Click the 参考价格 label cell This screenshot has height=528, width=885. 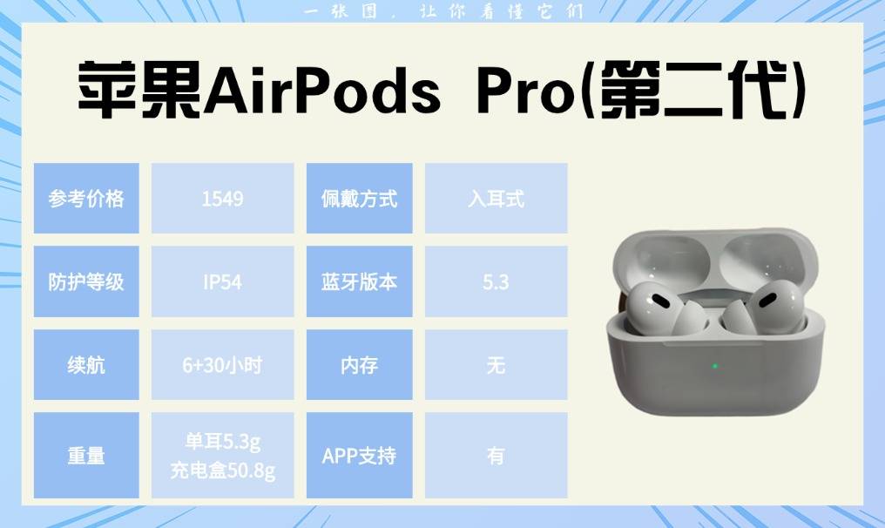(x=86, y=198)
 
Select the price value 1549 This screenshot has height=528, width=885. (x=222, y=199)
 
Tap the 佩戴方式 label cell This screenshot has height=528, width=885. (x=360, y=198)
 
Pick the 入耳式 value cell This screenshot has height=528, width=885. (x=497, y=198)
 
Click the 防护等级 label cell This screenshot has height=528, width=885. (x=86, y=281)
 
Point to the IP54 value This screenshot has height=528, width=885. (x=222, y=281)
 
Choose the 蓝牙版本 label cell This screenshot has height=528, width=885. (x=360, y=281)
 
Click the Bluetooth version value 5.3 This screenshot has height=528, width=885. (x=496, y=281)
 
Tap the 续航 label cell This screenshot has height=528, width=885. (x=86, y=365)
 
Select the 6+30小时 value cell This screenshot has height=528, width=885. (x=222, y=365)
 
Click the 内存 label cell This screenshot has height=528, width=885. (x=360, y=365)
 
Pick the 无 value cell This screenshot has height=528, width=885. (x=497, y=365)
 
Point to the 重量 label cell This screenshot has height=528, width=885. (x=86, y=455)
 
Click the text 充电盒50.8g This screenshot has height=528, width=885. (x=222, y=470)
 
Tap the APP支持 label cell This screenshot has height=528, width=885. (x=360, y=455)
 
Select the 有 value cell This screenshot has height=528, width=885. (x=497, y=455)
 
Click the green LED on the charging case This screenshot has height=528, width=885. (x=715, y=366)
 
